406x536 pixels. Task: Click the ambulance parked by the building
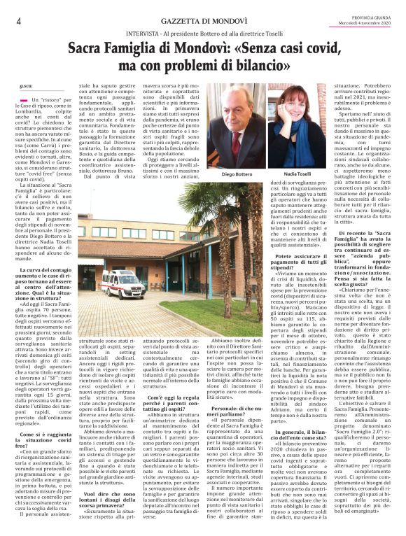(x=124, y=285)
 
